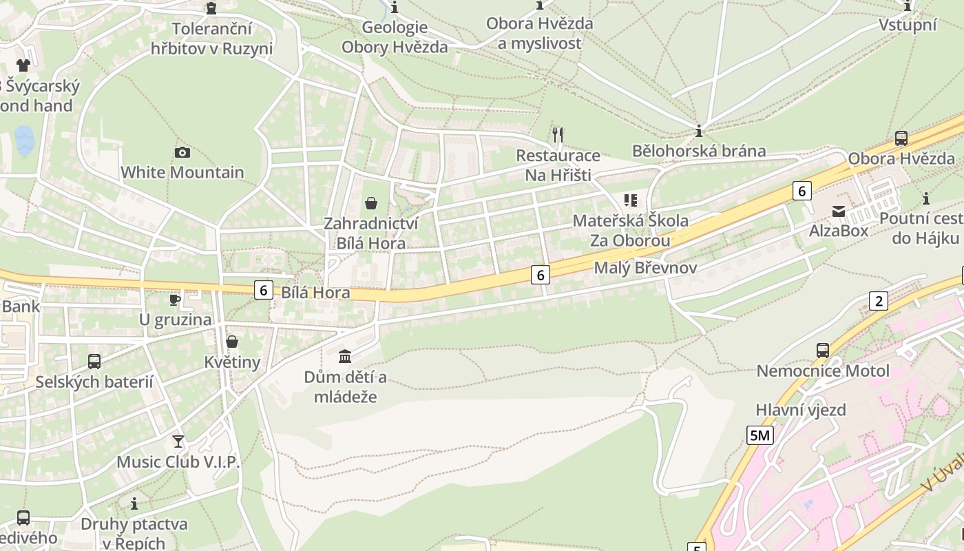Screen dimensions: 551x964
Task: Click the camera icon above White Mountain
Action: (x=182, y=152)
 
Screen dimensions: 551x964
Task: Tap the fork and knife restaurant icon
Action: (x=558, y=134)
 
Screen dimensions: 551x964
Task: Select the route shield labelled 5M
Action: (x=760, y=435)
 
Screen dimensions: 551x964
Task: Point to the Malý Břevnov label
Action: (x=645, y=268)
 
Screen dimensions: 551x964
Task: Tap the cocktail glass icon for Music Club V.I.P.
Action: (x=178, y=441)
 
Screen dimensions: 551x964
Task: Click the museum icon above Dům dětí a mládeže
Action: (x=345, y=356)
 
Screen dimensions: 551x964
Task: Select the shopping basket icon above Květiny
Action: (x=232, y=342)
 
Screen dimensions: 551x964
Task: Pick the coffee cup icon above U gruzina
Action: (x=175, y=300)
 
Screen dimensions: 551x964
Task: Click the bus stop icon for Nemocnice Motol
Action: (x=822, y=350)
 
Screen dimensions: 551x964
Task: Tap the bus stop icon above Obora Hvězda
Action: (x=901, y=138)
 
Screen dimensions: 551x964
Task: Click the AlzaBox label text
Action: (x=839, y=231)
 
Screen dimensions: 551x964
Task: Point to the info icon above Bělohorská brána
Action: (x=699, y=131)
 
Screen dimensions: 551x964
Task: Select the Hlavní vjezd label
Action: (x=801, y=410)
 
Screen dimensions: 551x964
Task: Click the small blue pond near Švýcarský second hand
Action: (x=25, y=141)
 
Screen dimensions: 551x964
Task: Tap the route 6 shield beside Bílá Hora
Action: (x=263, y=290)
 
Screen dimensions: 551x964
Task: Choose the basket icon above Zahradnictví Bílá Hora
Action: (x=371, y=203)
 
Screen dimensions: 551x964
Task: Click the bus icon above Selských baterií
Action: (x=94, y=361)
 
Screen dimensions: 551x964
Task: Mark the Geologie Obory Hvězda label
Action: (x=395, y=37)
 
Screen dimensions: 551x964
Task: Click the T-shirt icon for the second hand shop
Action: (x=23, y=65)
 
